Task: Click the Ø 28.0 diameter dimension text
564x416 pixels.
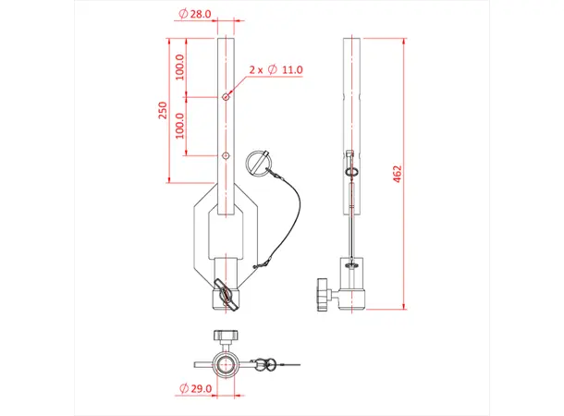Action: [196, 15]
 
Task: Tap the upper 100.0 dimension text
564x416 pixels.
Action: [180, 67]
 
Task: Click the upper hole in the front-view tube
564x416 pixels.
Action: [226, 96]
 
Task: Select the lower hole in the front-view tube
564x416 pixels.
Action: [226, 155]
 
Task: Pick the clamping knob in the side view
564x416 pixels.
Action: [323, 294]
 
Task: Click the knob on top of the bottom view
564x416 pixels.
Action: [226, 335]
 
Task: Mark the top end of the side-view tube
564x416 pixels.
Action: [354, 40]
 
